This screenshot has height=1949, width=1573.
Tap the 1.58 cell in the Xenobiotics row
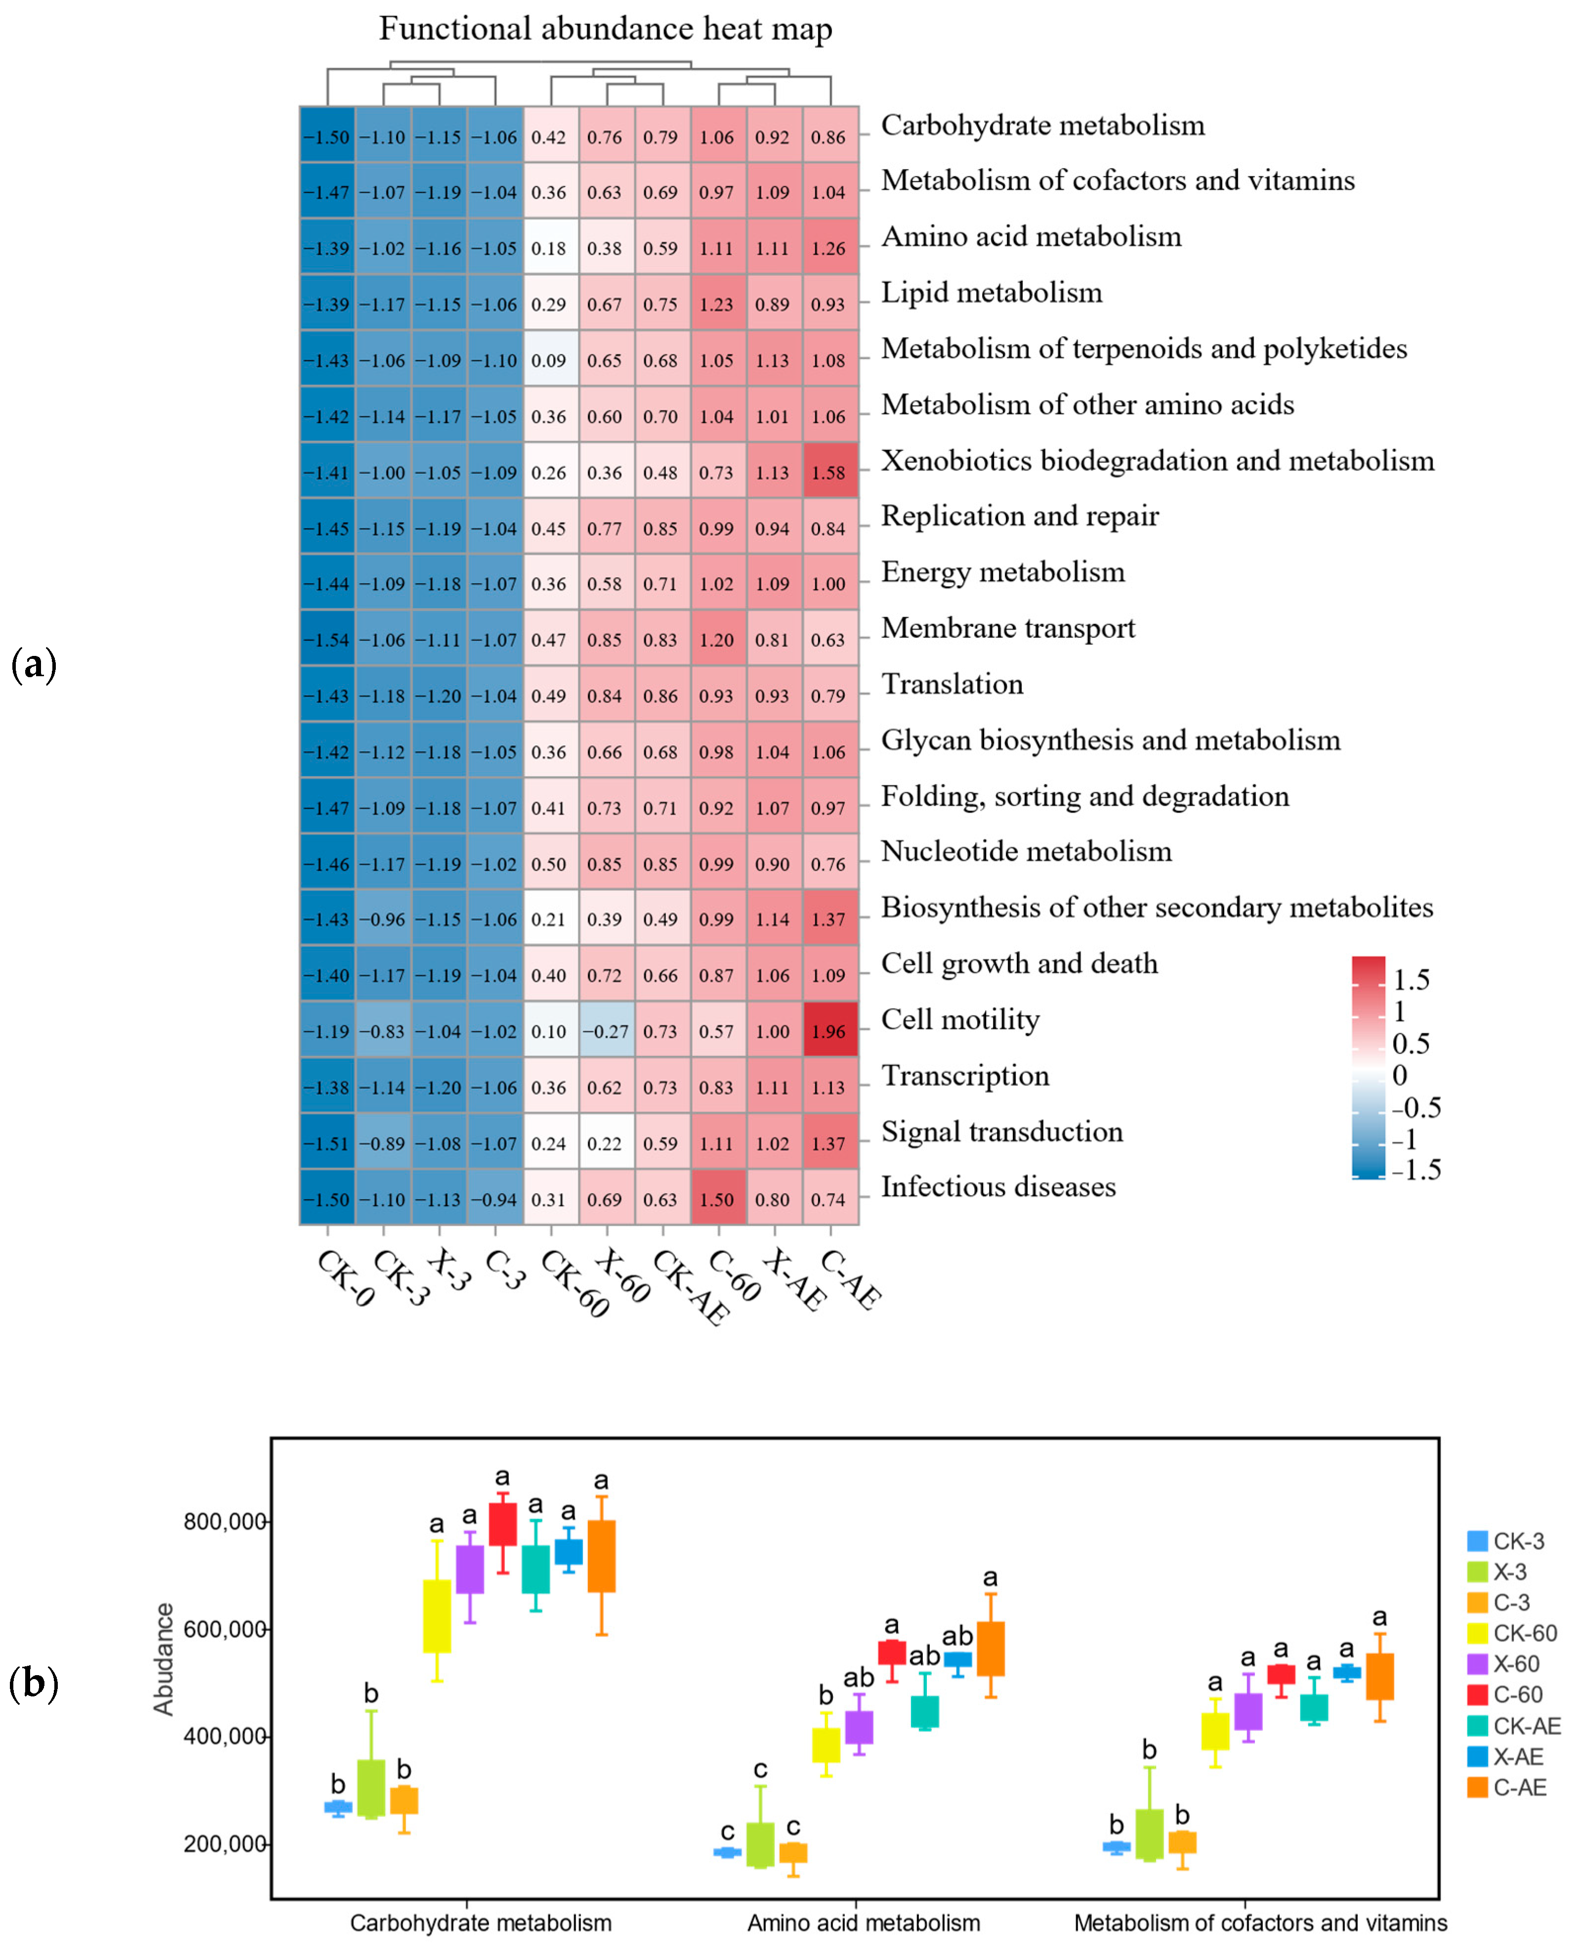pyautogui.click(x=829, y=472)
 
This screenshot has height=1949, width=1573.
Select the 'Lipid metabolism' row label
pyautogui.click(x=992, y=292)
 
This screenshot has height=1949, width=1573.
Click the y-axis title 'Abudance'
pyautogui.click(x=163, y=1659)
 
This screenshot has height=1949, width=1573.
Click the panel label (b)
pyautogui.click(x=34, y=1684)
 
